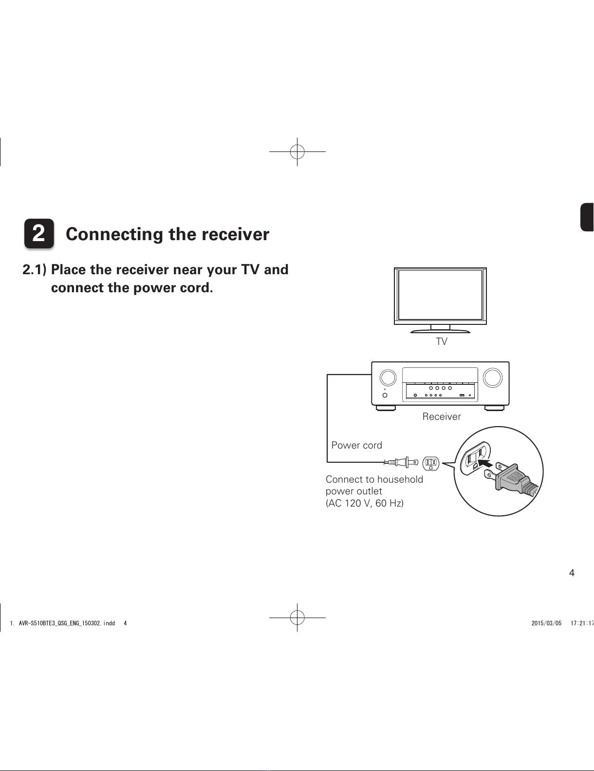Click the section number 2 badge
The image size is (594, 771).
[39, 234]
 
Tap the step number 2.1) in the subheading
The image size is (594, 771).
[35, 270]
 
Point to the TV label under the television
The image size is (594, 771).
[442, 341]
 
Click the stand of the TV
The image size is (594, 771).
[440, 329]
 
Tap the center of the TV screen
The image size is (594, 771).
[440, 295]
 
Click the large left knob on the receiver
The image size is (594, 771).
[388, 377]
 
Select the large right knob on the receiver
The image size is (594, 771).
[493, 377]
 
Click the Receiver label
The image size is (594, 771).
[441, 416]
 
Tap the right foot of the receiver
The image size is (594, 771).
[494, 408]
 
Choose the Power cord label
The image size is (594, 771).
[356, 445]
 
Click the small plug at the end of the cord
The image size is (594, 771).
[404, 462]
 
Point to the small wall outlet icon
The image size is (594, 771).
[431, 463]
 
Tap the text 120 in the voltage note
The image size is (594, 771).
[353, 503]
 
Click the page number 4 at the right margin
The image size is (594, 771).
[572, 573]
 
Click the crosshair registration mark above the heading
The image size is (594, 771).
[297, 151]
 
